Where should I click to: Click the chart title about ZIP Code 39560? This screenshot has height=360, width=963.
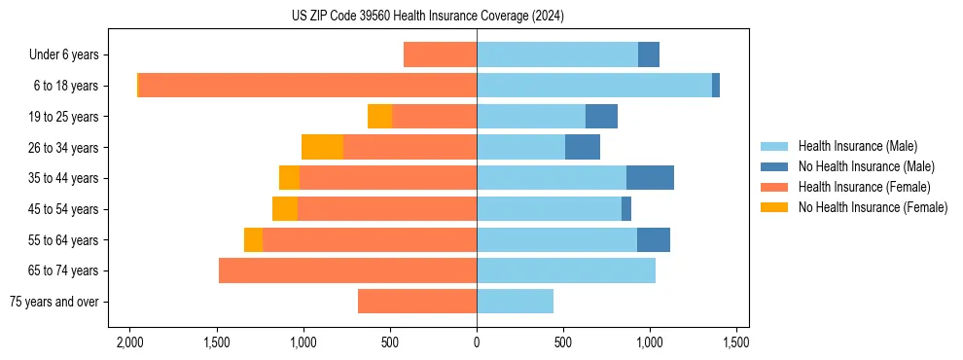[428, 17]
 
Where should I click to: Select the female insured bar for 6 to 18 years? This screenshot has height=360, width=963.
[307, 86]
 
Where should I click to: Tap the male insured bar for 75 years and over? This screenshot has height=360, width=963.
[515, 302]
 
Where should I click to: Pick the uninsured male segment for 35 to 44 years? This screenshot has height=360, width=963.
[650, 178]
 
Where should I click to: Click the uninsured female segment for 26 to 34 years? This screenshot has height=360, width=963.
[322, 147]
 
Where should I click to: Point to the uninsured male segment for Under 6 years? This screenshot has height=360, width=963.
[649, 54]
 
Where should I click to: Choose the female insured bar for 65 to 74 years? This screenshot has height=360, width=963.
[347, 270]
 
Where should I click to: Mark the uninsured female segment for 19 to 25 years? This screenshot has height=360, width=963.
[379, 117]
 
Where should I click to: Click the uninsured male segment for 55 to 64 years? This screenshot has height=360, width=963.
[654, 239]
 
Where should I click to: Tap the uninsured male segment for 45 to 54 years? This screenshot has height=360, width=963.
[626, 209]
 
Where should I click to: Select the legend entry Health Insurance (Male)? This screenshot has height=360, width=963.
[857, 146]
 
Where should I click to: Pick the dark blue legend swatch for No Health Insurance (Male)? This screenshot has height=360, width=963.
[775, 166]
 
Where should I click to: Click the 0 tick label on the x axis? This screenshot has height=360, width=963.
[477, 342]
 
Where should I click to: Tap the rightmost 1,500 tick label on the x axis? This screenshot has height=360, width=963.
[736, 342]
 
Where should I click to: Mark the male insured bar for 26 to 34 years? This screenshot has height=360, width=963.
[520, 147]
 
